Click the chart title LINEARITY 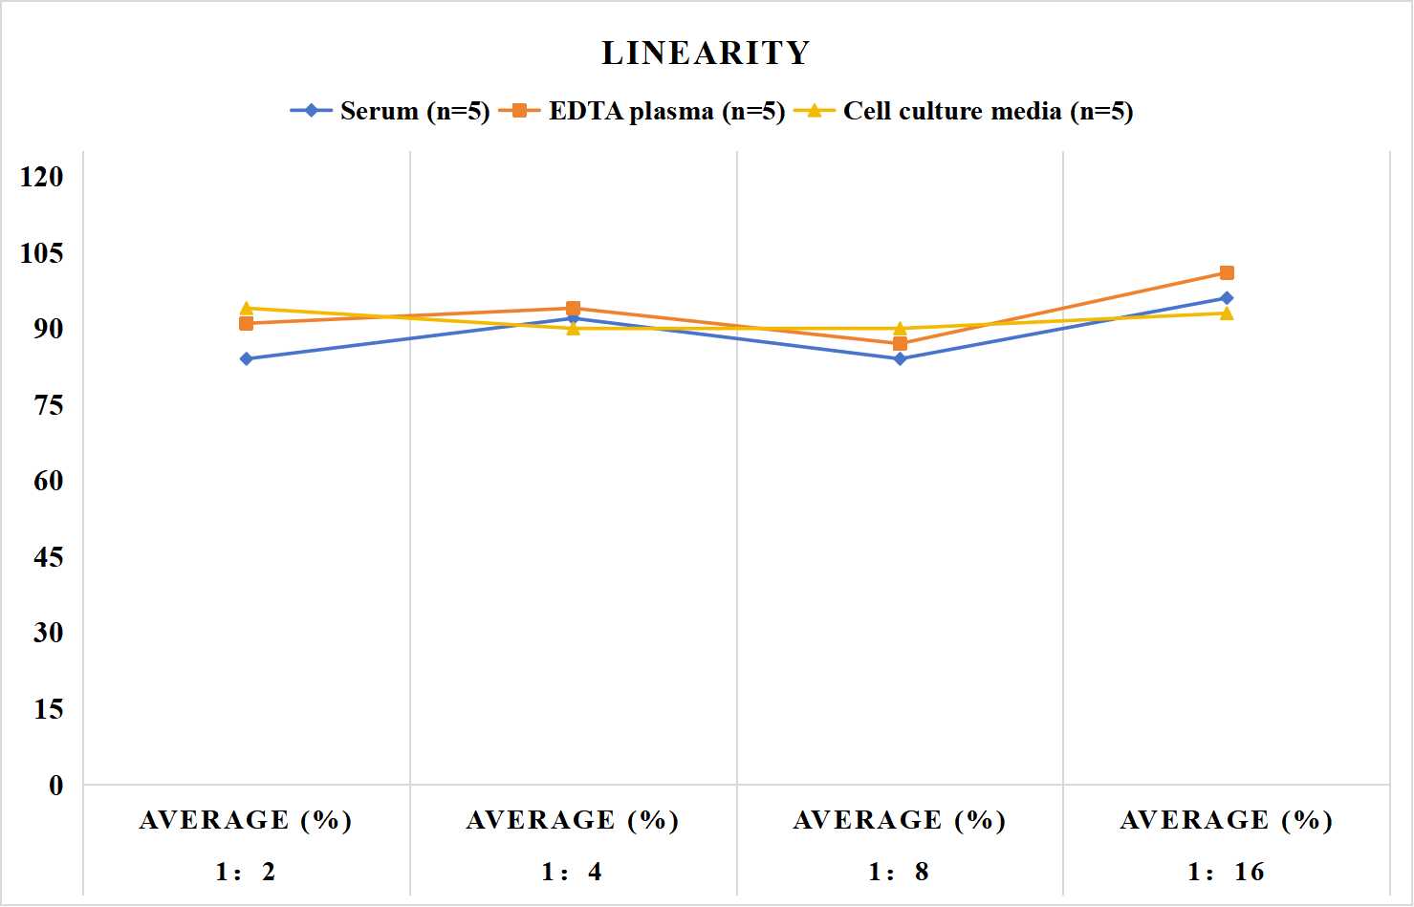tap(706, 53)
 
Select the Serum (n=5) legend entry tap(389, 111)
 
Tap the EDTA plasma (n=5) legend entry tap(642, 111)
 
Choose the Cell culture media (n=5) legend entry tap(963, 111)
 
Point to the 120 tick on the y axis tap(42, 177)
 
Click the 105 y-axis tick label tap(42, 253)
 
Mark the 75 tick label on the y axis tap(49, 405)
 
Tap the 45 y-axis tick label tap(49, 557)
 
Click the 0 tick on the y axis tap(56, 786)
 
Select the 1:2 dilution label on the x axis tap(246, 872)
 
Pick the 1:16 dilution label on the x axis tap(1226, 872)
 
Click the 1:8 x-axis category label tap(899, 872)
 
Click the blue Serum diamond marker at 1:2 tap(247, 359)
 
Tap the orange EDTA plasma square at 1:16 tap(1227, 272)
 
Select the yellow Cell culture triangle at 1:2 tap(247, 308)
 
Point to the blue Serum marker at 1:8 tap(901, 359)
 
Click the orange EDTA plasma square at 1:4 tap(574, 309)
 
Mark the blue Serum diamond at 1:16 tap(1227, 298)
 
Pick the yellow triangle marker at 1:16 tap(1227, 313)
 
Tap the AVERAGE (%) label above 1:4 tap(573, 821)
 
